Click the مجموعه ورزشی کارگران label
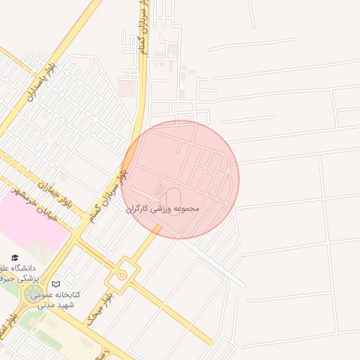click(164, 209)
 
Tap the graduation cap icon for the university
click(15, 258)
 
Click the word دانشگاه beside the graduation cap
click(27, 268)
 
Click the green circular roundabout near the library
click(33, 295)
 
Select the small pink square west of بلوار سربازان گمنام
click(127, 89)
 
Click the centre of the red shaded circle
click(180, 179)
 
